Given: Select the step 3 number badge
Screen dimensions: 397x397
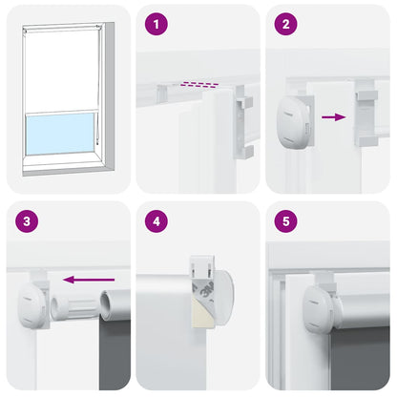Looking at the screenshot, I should [x=26, y=222].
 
